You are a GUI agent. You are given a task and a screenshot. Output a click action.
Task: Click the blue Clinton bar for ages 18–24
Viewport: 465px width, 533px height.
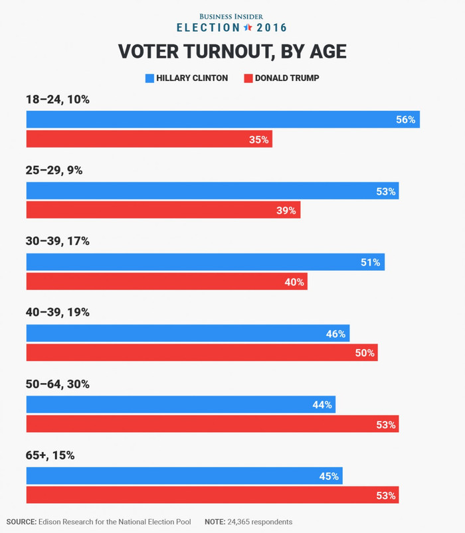[x=223, y=119]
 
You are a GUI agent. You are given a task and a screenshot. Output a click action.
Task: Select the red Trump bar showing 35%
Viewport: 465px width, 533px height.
[x=149, y=139]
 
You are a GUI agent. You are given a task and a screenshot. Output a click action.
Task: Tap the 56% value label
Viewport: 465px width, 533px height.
[x=405, y=120]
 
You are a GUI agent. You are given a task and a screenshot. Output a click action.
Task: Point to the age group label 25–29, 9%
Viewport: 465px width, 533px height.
[x=54, y=170]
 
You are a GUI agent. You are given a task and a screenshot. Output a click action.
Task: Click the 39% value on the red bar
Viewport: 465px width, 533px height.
[x=287, y=210]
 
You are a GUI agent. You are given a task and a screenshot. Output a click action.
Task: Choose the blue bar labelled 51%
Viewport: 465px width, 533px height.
[x=205, y=262]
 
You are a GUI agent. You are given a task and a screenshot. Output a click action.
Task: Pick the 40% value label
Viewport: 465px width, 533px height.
[x=294, y=282]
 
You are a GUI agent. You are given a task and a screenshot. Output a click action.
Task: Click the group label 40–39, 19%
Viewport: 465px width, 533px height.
[x=57, y=312]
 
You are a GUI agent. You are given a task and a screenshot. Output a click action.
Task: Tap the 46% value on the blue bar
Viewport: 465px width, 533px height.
[x=335, y=334]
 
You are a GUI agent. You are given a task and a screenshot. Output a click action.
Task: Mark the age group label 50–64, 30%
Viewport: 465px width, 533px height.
[x=57, y=384]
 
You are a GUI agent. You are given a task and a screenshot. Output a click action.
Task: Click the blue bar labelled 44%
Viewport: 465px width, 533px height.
[x=181, y=405]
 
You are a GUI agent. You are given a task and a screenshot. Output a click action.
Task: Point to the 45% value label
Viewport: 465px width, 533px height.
[x=329, y=476]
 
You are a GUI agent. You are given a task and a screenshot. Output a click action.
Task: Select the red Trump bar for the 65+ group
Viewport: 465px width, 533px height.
[x=213, y=495]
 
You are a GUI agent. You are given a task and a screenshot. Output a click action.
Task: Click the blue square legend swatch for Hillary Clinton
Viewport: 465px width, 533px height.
[x=149, y=78]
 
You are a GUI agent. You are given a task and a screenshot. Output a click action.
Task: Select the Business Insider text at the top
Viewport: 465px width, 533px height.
[x=232, y=15]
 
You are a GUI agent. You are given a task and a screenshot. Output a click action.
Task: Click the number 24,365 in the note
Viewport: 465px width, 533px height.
[x=244, y=522]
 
